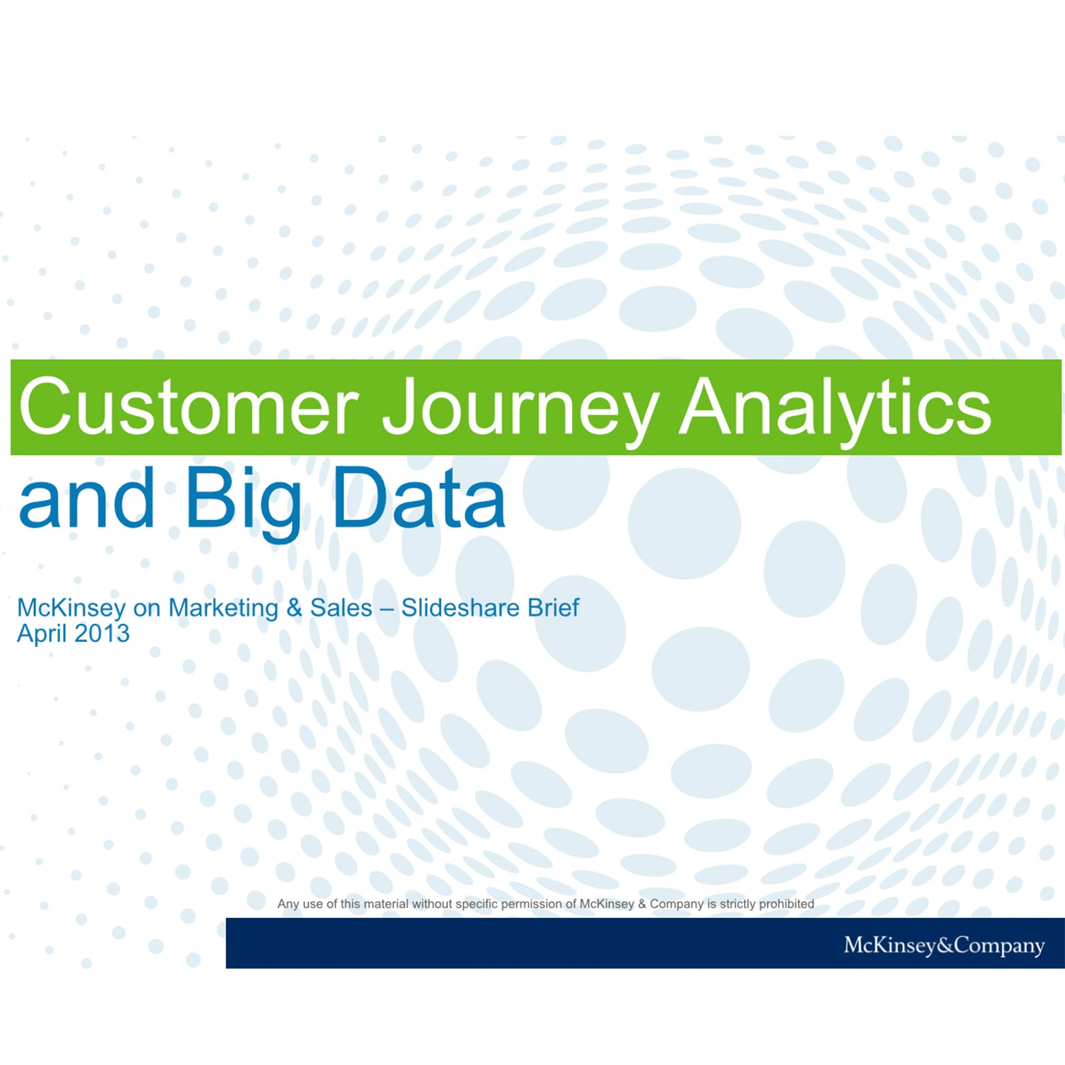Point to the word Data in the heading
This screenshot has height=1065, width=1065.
(419, 498)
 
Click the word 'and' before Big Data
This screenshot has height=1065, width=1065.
(87, 498)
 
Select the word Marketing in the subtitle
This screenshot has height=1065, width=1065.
(223, 608)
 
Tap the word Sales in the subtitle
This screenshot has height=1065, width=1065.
(341, 608)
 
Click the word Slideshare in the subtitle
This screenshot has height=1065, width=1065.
(460, 608)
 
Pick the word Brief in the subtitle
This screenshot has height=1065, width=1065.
(553, 608)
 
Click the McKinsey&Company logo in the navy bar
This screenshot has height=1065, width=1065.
(944, 945)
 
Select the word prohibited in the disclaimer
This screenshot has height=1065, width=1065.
(786, 904)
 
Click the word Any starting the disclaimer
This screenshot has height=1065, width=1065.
(288, 904)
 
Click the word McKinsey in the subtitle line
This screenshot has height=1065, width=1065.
(71, 608)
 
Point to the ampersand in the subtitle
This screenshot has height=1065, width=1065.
(294, 608)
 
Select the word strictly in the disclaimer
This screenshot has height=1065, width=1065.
(737, 904)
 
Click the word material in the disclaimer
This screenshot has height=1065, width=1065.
(386, 904)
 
